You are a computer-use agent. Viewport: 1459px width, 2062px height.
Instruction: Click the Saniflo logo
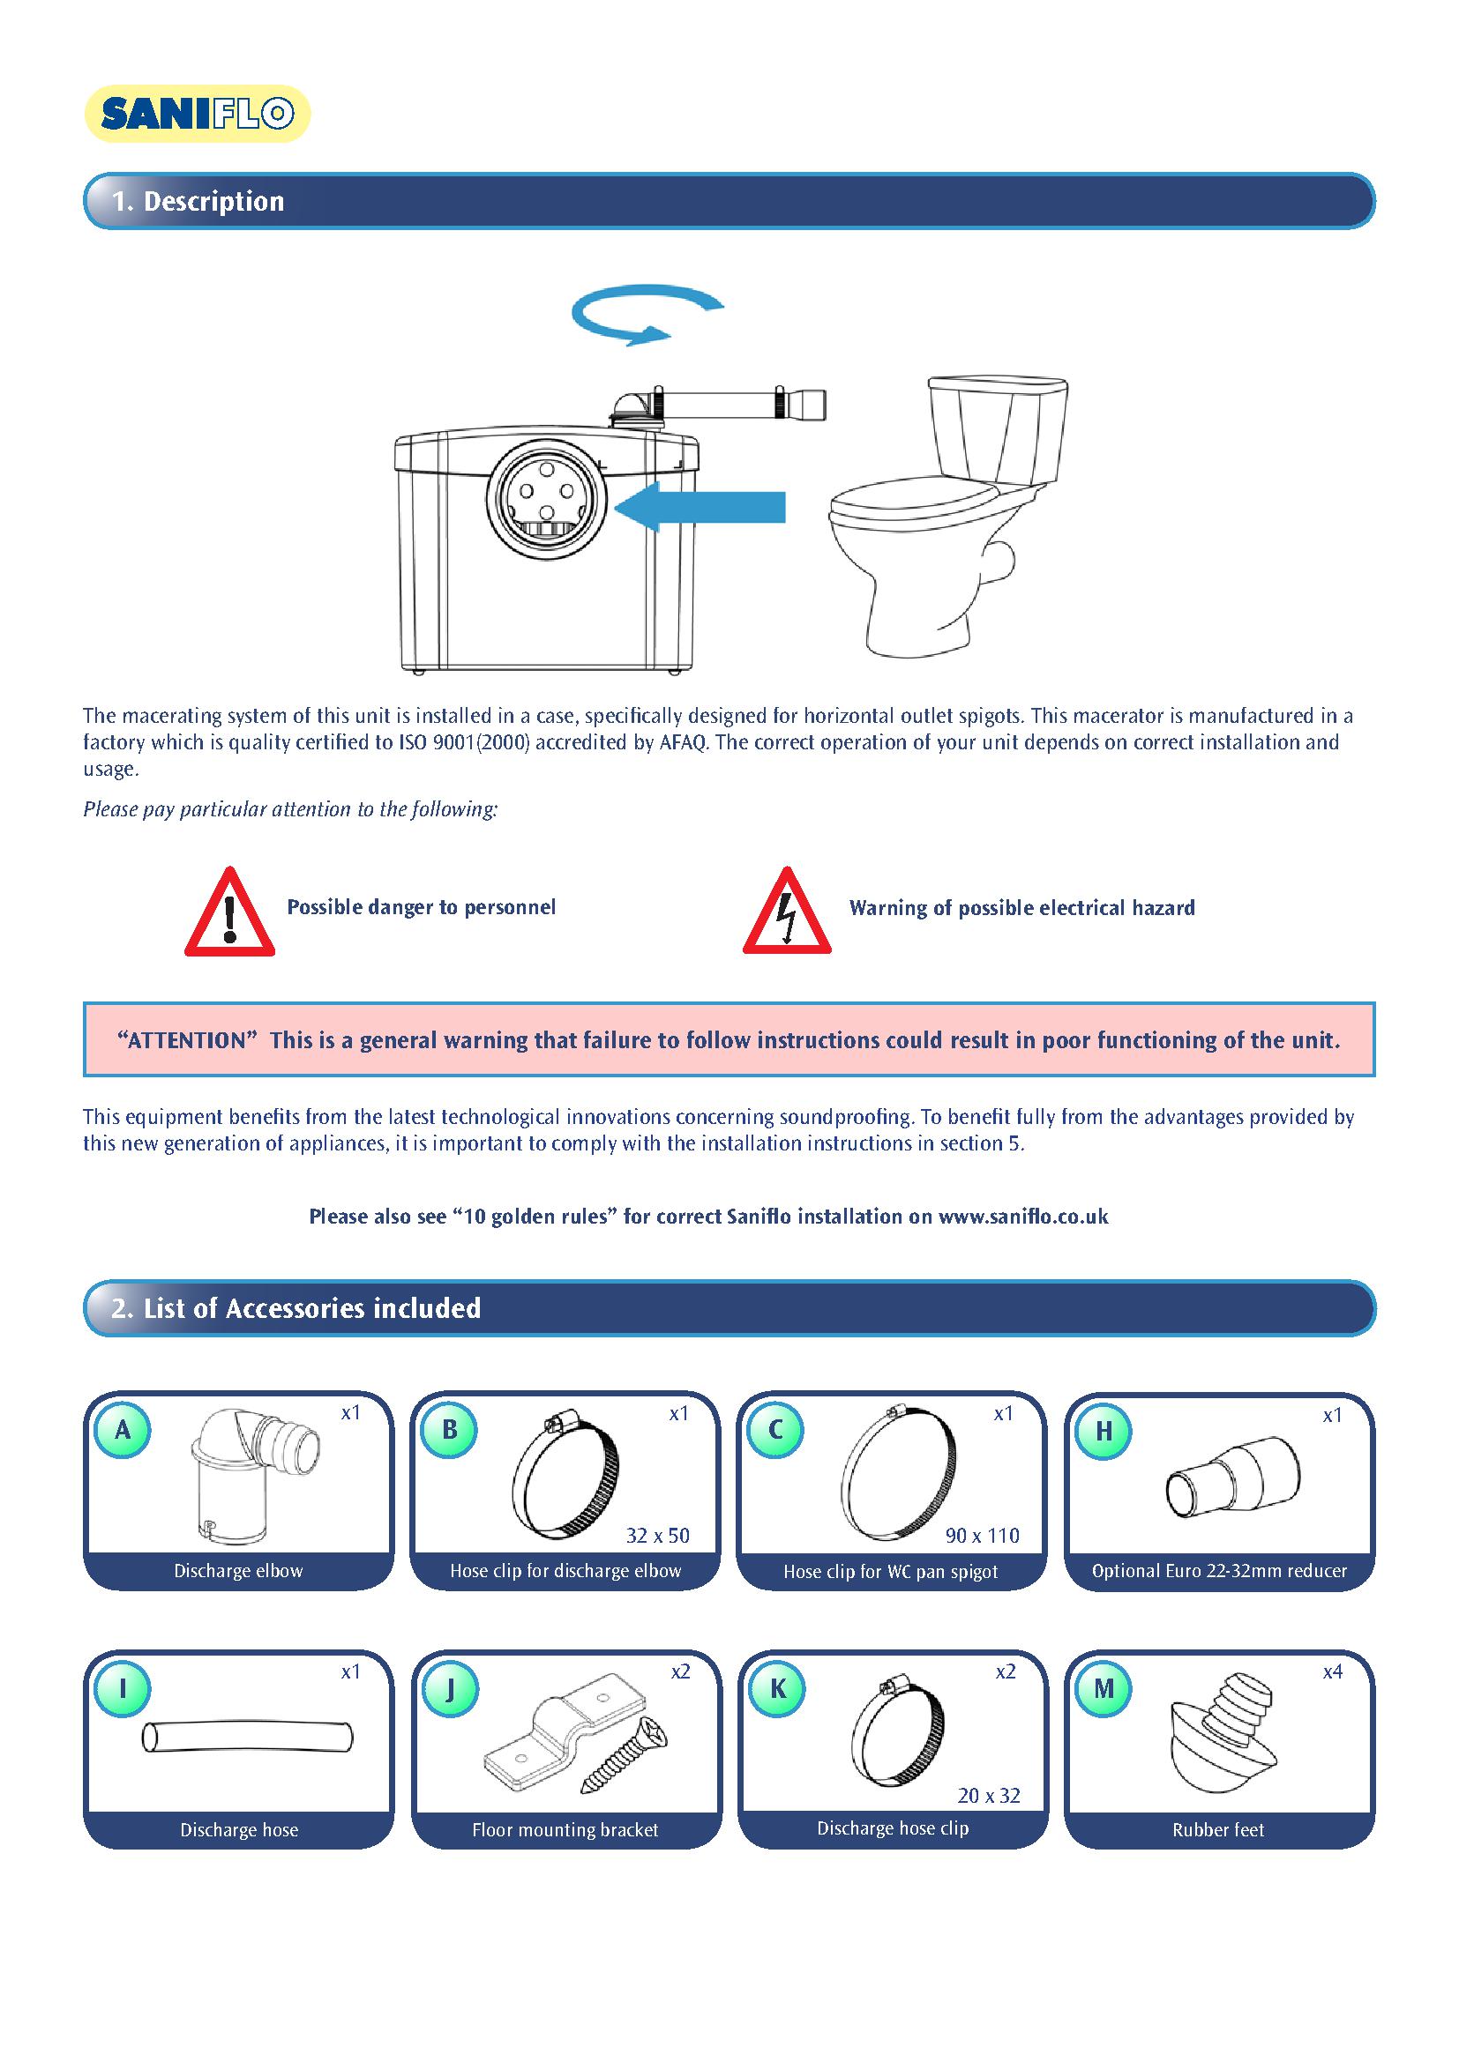click(x=197, y=114)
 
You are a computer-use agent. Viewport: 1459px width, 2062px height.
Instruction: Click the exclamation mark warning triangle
click(x=230, y=913)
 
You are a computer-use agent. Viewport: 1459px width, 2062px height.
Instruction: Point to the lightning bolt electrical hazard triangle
click(x=787, y=913)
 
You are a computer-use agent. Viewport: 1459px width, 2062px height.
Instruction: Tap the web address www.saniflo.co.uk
click(x=1023, y=1216)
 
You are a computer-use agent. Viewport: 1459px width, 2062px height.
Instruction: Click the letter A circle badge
click(x=123, y=1429)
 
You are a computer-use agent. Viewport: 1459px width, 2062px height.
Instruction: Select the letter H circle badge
click(x=1104, y=1431)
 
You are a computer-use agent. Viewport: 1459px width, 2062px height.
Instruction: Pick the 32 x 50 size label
click(x=658, y=1535)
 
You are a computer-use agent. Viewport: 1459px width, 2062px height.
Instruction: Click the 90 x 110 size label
click(x=982, y=1535)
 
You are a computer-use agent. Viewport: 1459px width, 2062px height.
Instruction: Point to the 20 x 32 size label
click(x=988, y=1795)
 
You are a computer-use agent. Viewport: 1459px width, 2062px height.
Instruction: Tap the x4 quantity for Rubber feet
click(x=1332, y=1671)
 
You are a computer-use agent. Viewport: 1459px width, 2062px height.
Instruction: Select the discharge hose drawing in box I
click(x=247, y=1736)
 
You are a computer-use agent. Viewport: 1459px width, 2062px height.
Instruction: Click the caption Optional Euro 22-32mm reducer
click(x=1219, y=1571)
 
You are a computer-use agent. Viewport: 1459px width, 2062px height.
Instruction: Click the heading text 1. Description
click(x=198, y=201)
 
